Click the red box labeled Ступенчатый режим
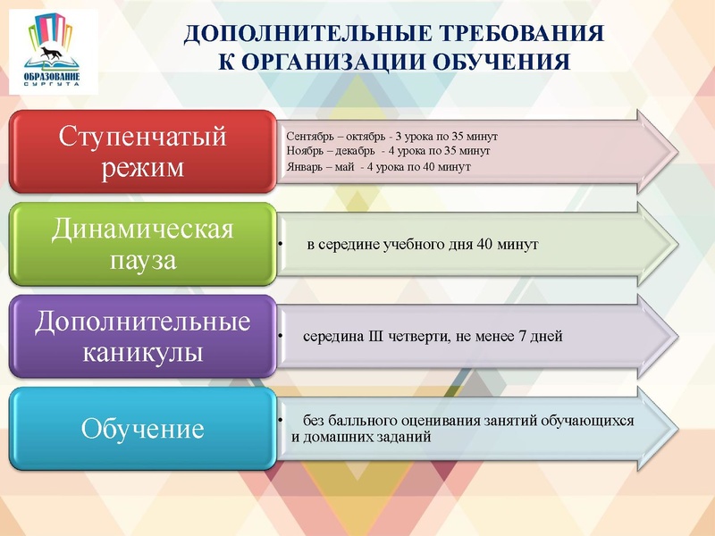[143, 152]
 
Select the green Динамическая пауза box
[143, 245]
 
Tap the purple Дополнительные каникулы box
[143, 337]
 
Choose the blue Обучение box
[143, 429]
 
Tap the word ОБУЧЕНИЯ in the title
[501, 62]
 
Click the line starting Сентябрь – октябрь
[391, 136]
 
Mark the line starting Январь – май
[378, 167]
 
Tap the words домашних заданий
[368, 437]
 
